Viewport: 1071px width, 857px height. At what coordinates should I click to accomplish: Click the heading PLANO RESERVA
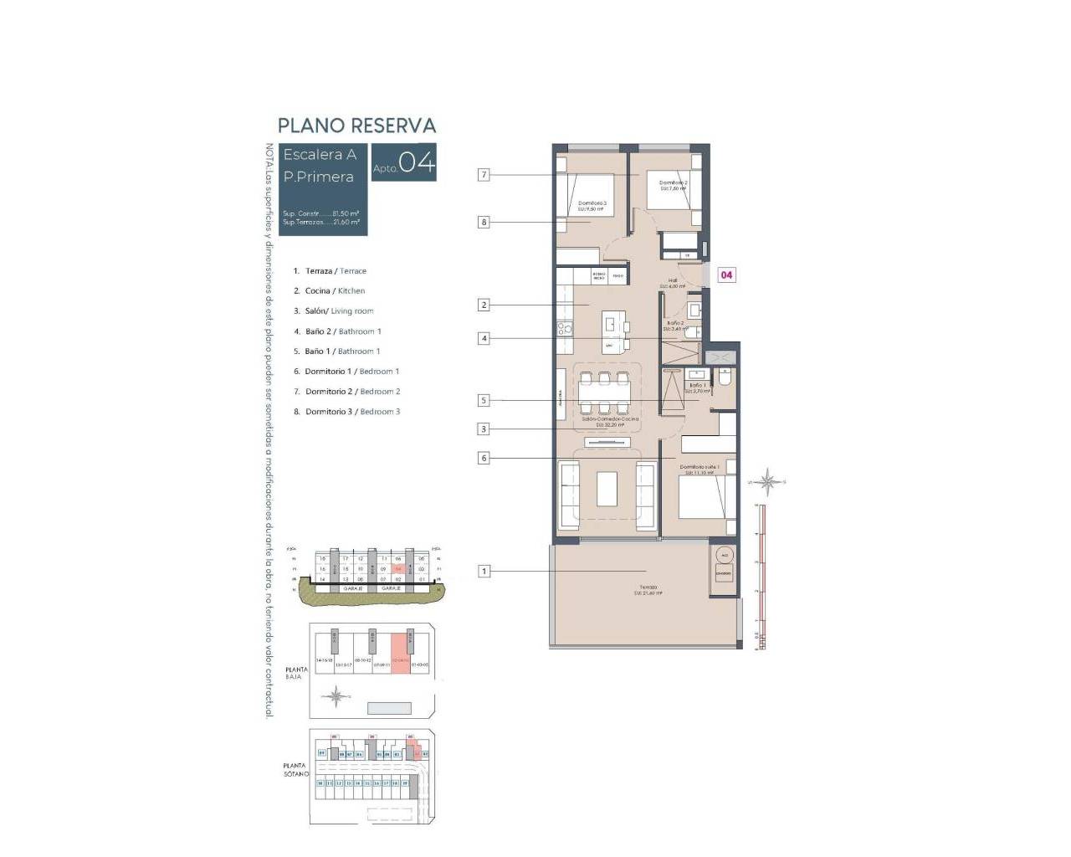pyautogui.click(x=356, y=126)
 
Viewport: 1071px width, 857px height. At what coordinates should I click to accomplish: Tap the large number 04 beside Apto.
pyautogui.click(x=417, y=162)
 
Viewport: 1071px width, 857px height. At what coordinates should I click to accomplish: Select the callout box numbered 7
pyautogui.click(x=484, y=175)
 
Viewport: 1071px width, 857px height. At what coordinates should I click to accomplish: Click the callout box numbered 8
pyautogui.click(x=484, y=222)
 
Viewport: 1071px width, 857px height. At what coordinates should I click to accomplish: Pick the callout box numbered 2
pyautogui.click(x=484, y=305)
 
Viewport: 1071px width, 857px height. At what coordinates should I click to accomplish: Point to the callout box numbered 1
pyautogui.click(x=484, y=571)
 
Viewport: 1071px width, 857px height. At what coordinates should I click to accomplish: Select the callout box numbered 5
pyautogui.click(x=484, y=400)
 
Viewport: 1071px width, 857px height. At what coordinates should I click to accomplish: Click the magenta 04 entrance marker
pyautogui.click(x=726, y=275)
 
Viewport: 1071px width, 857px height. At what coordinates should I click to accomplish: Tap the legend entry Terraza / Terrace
pyautogui.click(x=335, y=271)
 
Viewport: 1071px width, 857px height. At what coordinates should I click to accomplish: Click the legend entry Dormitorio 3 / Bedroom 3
pyautogui.click(x=351, y=412)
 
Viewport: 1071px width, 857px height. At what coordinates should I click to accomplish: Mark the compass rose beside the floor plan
pyautogui.click(x=767, y=481)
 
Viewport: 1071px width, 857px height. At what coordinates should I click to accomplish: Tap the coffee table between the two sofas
pyautogui.click(x=607, y=488)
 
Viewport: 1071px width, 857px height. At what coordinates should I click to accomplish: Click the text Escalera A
pyautogui.click(x=320, y=155)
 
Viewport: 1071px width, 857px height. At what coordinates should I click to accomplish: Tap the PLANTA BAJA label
pyautogui.click(x=296, y=673)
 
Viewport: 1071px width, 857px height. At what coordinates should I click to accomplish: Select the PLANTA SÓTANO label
pyautogui.click(x=295, y=770)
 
